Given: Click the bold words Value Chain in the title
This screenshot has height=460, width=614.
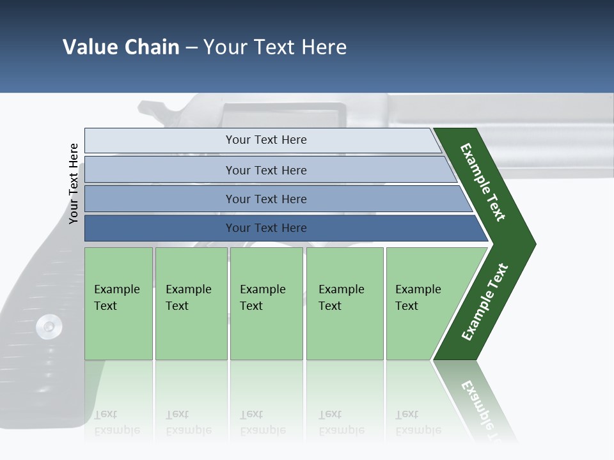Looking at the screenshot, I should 121,47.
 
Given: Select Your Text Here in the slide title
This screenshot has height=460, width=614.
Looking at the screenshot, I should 275,47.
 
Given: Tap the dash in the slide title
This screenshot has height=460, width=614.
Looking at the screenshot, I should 191,48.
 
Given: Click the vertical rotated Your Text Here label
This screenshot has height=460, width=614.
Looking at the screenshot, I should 74,183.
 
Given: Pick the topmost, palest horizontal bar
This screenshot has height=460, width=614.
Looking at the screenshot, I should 265,140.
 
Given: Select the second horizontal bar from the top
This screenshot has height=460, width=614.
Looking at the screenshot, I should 265,170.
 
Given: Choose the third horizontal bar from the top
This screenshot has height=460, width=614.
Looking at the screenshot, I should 265,199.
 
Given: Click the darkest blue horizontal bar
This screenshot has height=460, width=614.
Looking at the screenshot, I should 265,228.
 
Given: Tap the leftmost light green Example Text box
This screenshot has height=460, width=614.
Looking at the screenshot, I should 118,303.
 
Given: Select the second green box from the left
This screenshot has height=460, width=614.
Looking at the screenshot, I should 191,303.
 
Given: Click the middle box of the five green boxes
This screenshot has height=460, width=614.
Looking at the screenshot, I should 266,303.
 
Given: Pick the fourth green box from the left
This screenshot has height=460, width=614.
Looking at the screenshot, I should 345,303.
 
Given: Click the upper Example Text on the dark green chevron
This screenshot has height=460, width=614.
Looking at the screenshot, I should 483,182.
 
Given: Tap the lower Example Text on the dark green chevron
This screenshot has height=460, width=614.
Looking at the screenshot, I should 485,302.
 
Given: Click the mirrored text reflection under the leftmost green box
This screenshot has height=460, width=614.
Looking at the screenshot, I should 117,422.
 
